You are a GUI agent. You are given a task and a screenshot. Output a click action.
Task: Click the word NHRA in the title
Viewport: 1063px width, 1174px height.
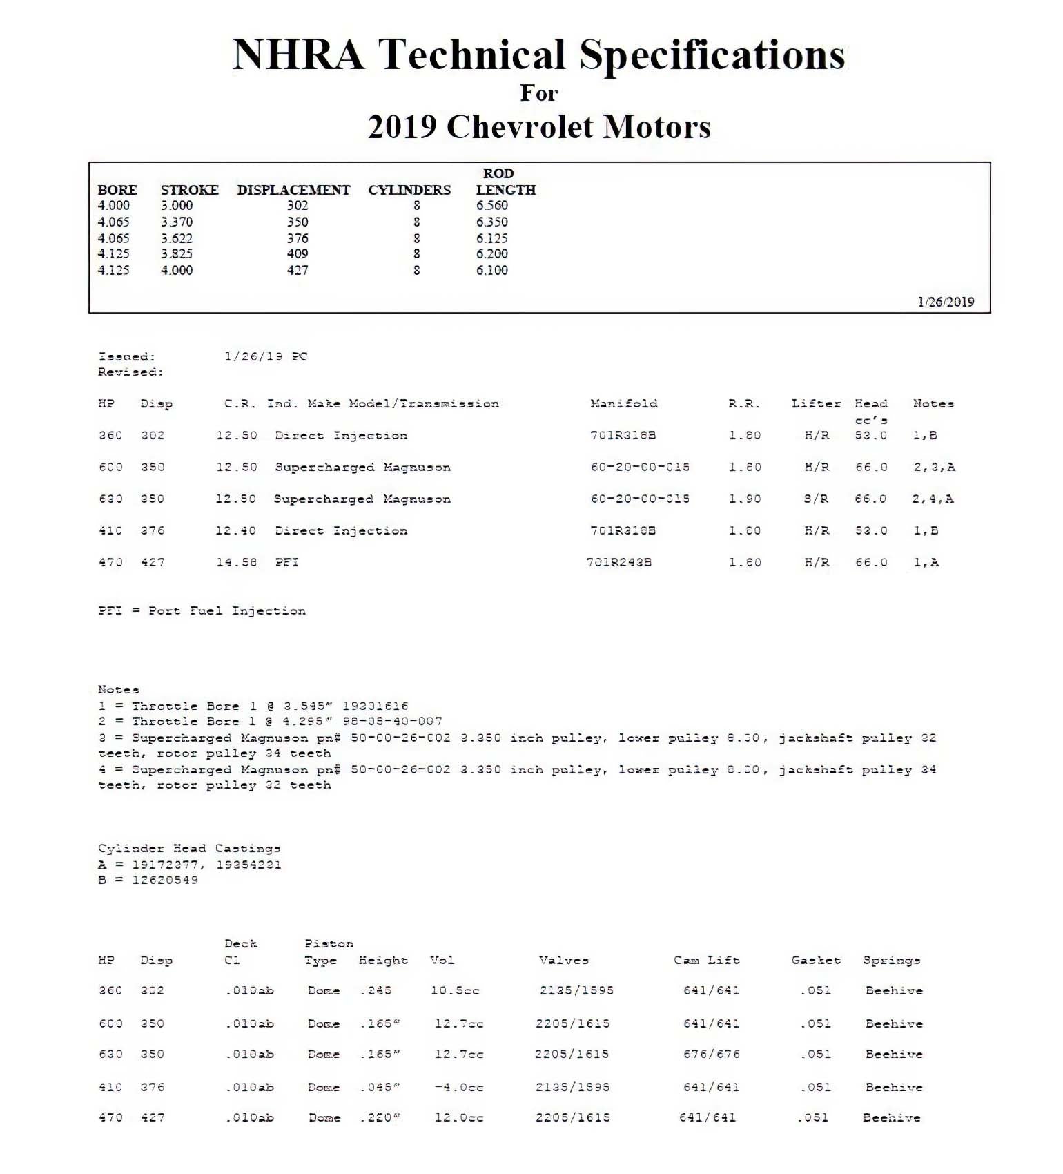point(298,55)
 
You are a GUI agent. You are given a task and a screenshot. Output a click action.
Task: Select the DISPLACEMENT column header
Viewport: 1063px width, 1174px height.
point(293,190)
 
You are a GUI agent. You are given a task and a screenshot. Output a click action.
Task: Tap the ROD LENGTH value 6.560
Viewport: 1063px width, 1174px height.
point(491,206)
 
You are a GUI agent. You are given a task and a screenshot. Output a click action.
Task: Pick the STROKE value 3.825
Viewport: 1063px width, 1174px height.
point(177,254)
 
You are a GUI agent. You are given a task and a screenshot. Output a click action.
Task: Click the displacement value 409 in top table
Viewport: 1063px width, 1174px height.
point(298,254)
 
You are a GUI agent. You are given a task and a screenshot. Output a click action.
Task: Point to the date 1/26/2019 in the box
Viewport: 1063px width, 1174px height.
point(946,302)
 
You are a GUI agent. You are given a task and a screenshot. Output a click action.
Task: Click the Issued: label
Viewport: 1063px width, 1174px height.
point(126,357)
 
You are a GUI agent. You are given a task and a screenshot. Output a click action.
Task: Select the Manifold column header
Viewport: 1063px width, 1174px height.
point(623,404)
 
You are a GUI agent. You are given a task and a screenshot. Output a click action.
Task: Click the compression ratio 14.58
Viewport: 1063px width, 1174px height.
point(236,563)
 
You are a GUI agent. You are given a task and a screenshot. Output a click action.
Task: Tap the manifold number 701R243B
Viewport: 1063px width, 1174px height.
point(618,563)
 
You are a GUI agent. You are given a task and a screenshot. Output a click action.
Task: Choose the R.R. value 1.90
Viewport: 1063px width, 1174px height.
point(745,499)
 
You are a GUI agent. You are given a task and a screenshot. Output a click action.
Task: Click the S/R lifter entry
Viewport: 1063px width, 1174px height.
point(816,499)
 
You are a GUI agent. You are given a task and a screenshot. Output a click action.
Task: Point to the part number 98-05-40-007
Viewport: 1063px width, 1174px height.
point(392,722)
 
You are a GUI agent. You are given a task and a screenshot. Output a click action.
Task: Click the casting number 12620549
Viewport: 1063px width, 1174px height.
point(165,880)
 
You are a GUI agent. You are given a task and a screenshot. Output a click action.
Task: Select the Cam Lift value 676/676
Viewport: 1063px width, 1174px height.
point(711,1055)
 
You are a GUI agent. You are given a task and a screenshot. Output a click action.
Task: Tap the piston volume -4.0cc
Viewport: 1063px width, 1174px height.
point(458,1088)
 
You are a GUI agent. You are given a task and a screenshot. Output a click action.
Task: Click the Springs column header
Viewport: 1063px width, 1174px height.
point(891,961)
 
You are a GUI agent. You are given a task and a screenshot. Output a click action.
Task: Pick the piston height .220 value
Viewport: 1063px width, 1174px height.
point(379,1118)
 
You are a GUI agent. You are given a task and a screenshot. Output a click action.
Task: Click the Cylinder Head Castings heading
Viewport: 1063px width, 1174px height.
point(189,849)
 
